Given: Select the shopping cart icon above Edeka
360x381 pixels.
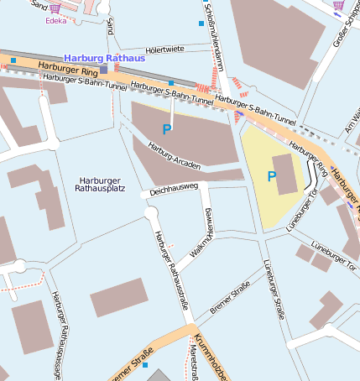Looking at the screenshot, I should click(x=56, y=8).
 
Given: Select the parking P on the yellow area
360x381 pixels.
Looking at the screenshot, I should click(x=271, y=176).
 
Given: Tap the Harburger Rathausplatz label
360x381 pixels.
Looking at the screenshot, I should click(x=100, y=186).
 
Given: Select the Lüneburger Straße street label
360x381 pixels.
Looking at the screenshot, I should click(x=274, y=289).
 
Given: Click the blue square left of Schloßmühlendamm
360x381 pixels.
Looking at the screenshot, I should click(x=201, y=23).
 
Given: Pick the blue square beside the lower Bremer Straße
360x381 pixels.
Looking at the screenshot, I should click(x=145, y=365).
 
